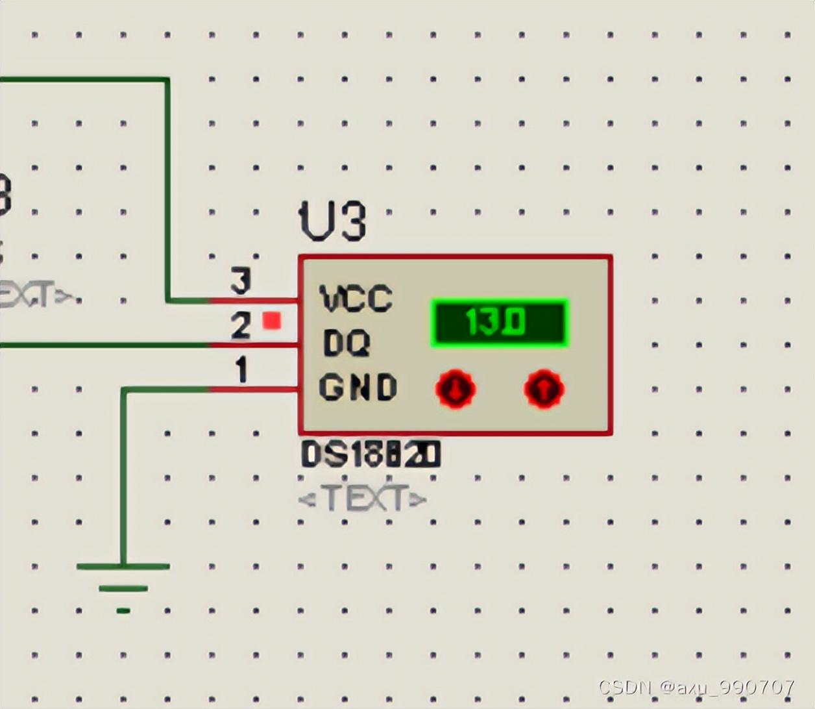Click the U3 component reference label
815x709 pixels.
[332, 221]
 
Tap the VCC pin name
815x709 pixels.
[356, 299]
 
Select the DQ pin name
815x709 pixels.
[346, 343]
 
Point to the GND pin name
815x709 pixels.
[357, 388]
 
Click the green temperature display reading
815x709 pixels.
[499, 323]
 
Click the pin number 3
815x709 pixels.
[240, 282]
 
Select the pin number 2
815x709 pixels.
[240, 326]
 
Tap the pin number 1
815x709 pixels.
[241, 371]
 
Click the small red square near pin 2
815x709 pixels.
[272, 321]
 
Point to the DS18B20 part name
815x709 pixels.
[371, 455]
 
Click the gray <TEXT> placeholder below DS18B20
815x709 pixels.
[363, 499]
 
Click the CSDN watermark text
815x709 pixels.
[696, 687]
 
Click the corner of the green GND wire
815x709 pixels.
[123, 390]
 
